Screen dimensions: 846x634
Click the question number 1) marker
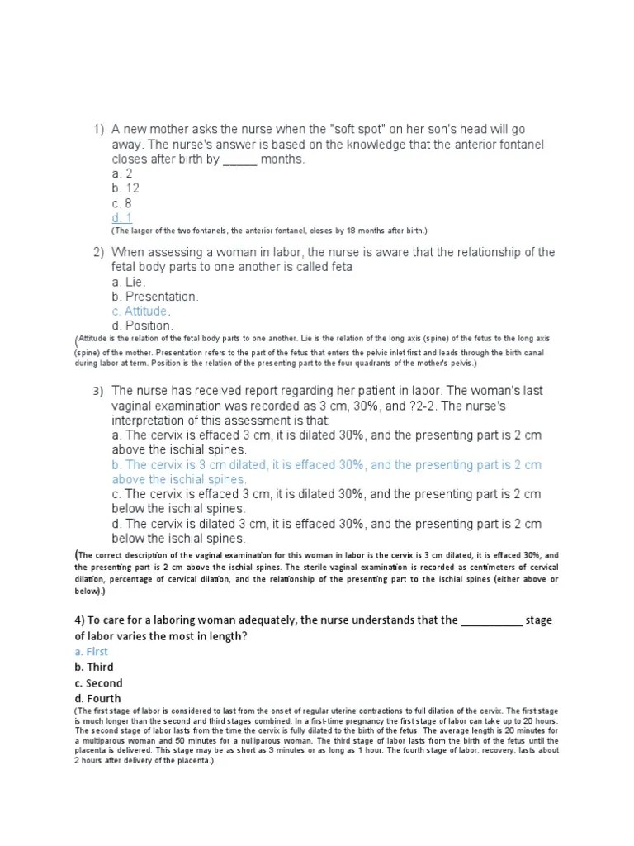click(98, 130)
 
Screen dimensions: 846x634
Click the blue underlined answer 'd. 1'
click(122, 218)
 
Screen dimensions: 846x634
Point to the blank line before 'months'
click(239, 160)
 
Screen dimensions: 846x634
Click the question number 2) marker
click(98, 252)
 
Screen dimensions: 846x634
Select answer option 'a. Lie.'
click(130, 282)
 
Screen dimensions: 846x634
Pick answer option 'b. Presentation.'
click(155, 297)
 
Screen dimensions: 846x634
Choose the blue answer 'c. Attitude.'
click(141, 311)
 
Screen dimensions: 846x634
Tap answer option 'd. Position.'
click(143, 326)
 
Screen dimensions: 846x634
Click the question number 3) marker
click(98, 391)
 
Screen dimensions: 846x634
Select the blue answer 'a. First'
click(92, 651)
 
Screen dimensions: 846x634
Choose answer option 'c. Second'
click(98, 683)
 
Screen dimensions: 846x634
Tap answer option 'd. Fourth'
click(98, 699)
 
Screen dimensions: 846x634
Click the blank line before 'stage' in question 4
click(491, 620)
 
